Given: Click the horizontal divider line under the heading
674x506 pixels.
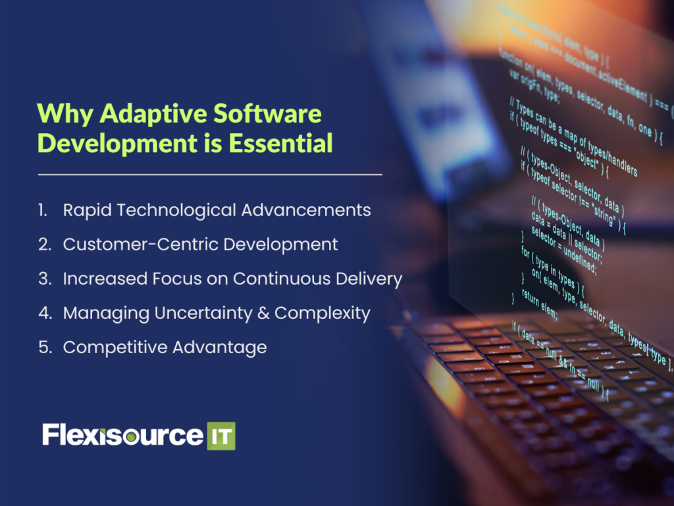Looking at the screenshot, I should (x=210, y=175).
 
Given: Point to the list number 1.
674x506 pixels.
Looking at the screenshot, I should (x=43, y=210).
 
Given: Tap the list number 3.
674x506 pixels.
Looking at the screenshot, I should (x=44, y=279).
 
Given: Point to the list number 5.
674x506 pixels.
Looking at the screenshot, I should (x=44, y=347).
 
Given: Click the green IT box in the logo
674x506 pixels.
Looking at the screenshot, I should (x=221, y=436).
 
